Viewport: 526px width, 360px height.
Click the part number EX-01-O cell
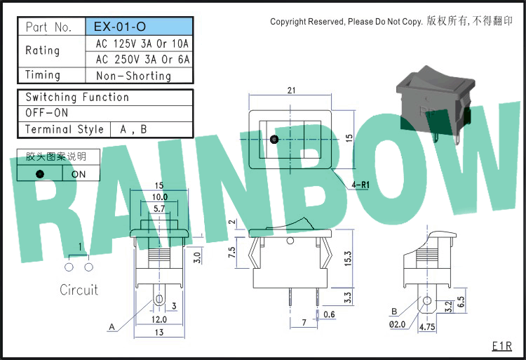tap(139, 27)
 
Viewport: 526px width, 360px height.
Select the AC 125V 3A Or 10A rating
tap(142, 44)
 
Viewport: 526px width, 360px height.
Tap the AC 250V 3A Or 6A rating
tap(142, 60)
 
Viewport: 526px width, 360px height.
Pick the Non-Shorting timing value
tap(133, 76)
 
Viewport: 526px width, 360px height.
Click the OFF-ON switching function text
tap(46, 113)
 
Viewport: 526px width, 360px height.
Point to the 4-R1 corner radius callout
tap(360, 185)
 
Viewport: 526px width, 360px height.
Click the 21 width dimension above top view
tap(291, 91)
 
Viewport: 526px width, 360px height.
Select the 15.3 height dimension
tap(348, 259)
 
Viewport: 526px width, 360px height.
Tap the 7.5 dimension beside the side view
tap(232, 253)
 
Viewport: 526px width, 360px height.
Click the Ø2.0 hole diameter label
tap(397, 324)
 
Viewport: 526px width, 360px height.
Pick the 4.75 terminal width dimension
tap(426, 326)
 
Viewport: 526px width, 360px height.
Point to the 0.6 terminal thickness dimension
tap(329, 314)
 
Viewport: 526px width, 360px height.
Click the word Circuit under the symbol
tap(79, 290)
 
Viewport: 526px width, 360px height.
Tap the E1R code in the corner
tap(502, 346)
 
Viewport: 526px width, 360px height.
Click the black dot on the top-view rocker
tap(274, 139)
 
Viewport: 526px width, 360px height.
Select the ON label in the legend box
tap(79, 174)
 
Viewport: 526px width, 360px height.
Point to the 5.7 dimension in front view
tap(159, 208)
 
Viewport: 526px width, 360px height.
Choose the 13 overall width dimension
tap(159, 332)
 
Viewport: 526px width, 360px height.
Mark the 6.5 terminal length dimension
tap(461, 301)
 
